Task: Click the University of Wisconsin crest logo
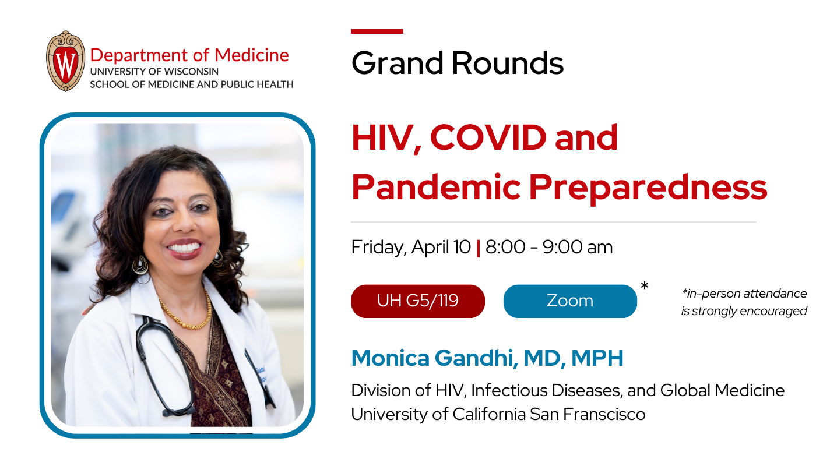click(65, 61)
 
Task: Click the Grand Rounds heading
click(458, 63)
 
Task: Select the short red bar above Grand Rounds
click(377, 31)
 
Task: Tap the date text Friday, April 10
click(411, 247)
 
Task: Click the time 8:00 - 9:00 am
click(549, 247)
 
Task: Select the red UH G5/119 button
click(418, 301)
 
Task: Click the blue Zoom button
click(570, 301)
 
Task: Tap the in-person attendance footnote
click(744, 302)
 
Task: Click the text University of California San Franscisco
click(498, 414)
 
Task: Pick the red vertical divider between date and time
click(478, 248)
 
